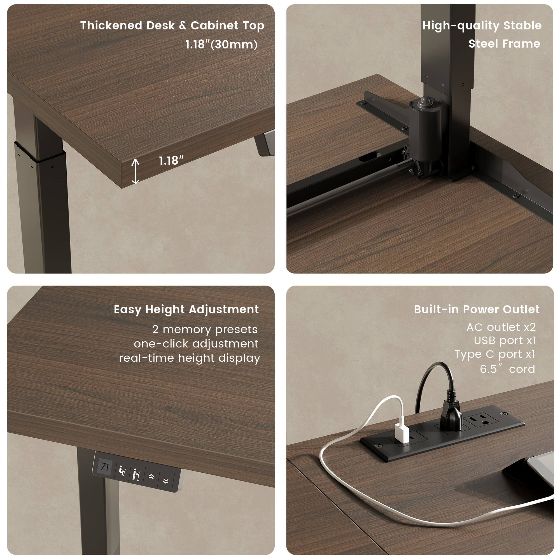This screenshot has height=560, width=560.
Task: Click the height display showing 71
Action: pos(104,467)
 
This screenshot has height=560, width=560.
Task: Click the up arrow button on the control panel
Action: pos(151,477)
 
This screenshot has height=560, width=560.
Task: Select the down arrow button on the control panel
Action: pos(166,481)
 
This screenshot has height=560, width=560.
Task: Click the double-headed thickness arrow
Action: pos(135,171)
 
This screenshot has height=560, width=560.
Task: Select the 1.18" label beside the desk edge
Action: pos(171,160)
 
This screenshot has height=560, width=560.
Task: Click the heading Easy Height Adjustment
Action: pos(186,310)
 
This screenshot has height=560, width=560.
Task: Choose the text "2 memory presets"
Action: pos(205,330)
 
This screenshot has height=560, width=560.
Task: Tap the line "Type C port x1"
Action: pos(494,354)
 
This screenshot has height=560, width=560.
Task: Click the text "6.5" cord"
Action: pos(507,369)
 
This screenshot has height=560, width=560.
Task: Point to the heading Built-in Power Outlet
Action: pos(477,310)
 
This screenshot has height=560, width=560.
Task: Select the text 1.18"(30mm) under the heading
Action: pos(221,44)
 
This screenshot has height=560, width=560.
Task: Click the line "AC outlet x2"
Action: pos(501,327)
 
